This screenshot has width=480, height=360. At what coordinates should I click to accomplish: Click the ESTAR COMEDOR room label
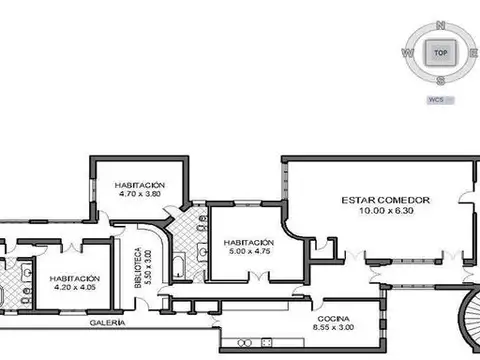click(x=386, y=200)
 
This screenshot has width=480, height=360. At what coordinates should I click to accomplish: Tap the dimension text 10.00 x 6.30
click(x=386, y=211)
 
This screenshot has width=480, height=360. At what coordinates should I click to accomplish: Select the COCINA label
click(x=333, y=319)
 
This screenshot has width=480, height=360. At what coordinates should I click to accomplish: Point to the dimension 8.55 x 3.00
click(x=333, y=327)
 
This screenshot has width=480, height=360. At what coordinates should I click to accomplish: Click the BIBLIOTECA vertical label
click(x=138, y=268)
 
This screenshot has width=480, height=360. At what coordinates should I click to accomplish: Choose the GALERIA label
click(x=108, y=323)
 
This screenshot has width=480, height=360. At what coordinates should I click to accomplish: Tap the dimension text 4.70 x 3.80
click(x=140, y=194)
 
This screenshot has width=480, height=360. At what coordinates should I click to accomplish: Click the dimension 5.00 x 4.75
click(x=249, y=251)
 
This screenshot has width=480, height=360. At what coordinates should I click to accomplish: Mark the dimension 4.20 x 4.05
click(x=75, y=287)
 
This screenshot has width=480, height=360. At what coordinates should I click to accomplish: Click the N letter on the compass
click(x=441, y=25)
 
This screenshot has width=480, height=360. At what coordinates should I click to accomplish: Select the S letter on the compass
click(x=441, y=80)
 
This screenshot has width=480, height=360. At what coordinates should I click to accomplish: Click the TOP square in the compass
click(x=441, y=53)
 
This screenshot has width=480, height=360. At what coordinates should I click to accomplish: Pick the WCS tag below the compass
click(x=441, y=100)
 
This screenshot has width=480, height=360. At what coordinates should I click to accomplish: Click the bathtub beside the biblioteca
click(x=179, y=266)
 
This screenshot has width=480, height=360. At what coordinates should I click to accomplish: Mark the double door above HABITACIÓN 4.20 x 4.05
click(x=72, y=247)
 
